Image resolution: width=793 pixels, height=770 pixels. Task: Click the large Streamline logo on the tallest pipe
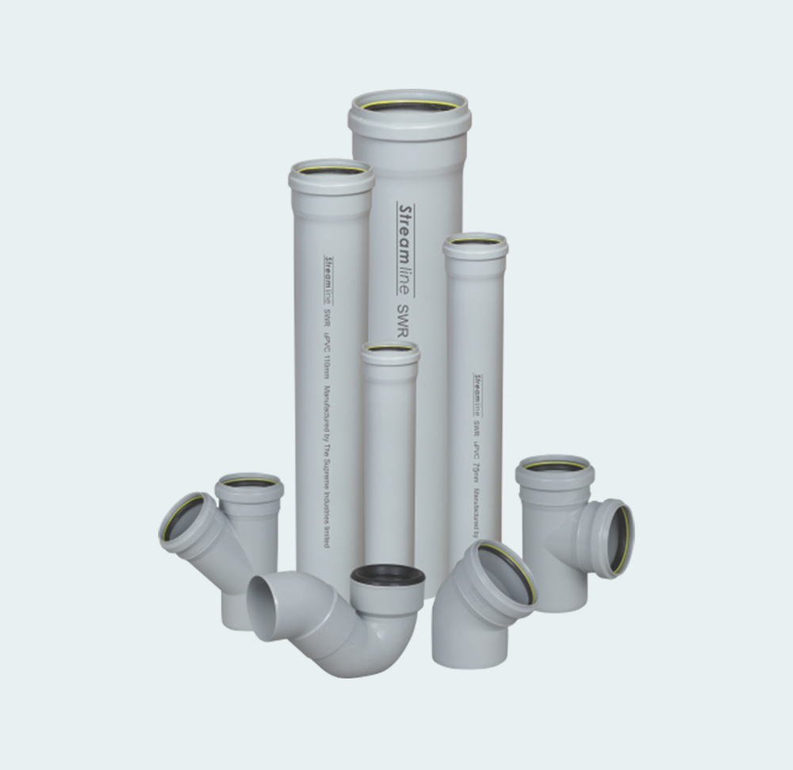pyautogui.click(x=405, y=248)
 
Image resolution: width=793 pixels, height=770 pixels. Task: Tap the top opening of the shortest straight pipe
pyautogui.click(x=389, y=348)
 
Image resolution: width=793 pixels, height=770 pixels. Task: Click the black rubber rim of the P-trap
pyautogui.click(x=387, y=575)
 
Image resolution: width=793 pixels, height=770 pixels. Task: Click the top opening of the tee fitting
pyautogui.click(x=554, y=466)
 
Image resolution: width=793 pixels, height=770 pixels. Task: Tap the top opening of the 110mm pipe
pyautogui.click(x=331, y=170)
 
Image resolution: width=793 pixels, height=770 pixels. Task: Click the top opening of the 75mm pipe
pyautogui.click(x=475, y=241)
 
